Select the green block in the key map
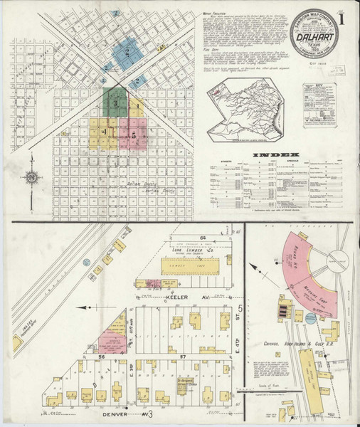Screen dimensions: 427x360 (115, 104)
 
